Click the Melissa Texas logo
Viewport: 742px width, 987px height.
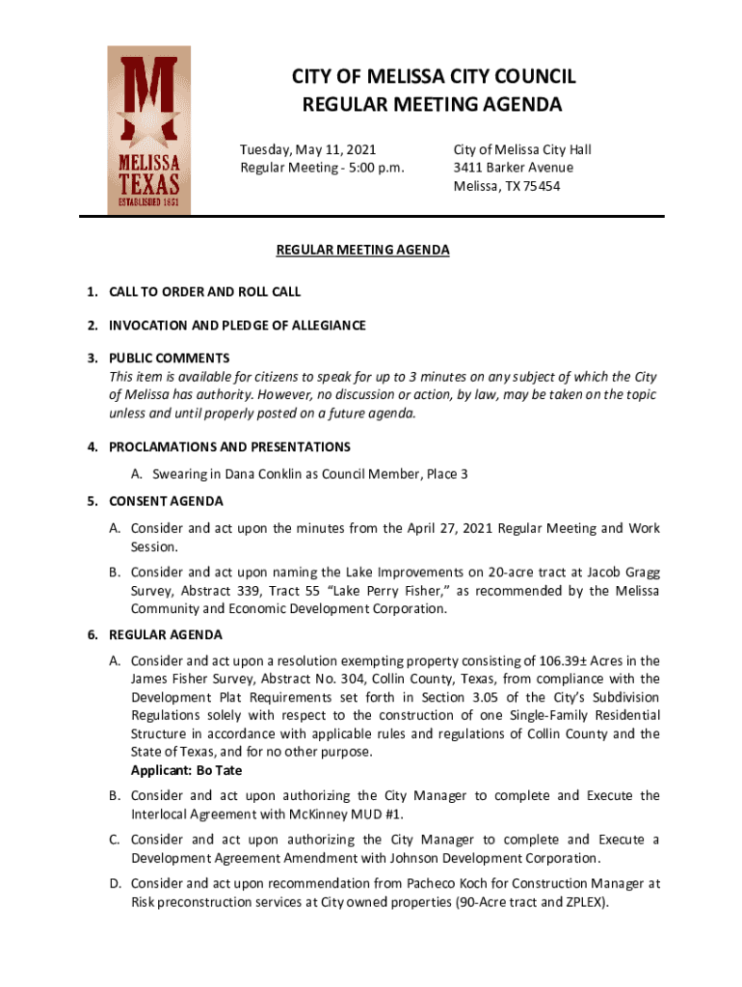148,130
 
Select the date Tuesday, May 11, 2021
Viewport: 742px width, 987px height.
307,149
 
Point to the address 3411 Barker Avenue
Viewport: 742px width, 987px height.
513,168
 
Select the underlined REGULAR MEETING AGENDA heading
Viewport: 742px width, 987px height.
362,251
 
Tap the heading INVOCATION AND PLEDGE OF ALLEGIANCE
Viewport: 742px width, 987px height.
237,326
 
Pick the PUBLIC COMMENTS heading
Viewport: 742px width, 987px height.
169,359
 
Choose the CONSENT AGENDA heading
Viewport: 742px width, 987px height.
166,501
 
